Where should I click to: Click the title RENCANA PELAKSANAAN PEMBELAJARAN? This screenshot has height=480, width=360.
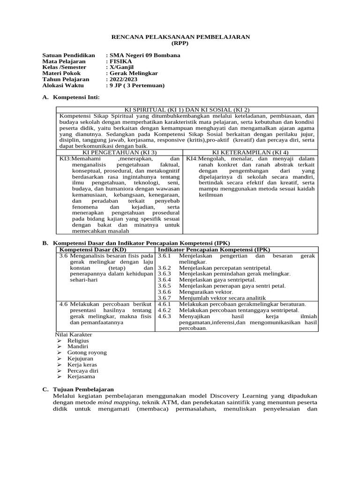180,37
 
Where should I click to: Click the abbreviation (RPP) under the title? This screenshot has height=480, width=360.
180,43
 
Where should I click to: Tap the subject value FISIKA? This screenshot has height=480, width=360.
121,61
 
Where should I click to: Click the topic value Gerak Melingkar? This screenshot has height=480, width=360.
134,74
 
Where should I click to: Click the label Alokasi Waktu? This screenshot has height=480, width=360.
63,86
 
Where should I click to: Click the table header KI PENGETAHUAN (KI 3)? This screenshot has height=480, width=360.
119,152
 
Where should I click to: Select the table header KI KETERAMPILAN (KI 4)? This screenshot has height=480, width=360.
250,152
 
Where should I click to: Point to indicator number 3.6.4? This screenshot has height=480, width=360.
165,280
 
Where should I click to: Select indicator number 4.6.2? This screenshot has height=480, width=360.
165,310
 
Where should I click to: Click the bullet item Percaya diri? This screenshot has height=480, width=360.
83,370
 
